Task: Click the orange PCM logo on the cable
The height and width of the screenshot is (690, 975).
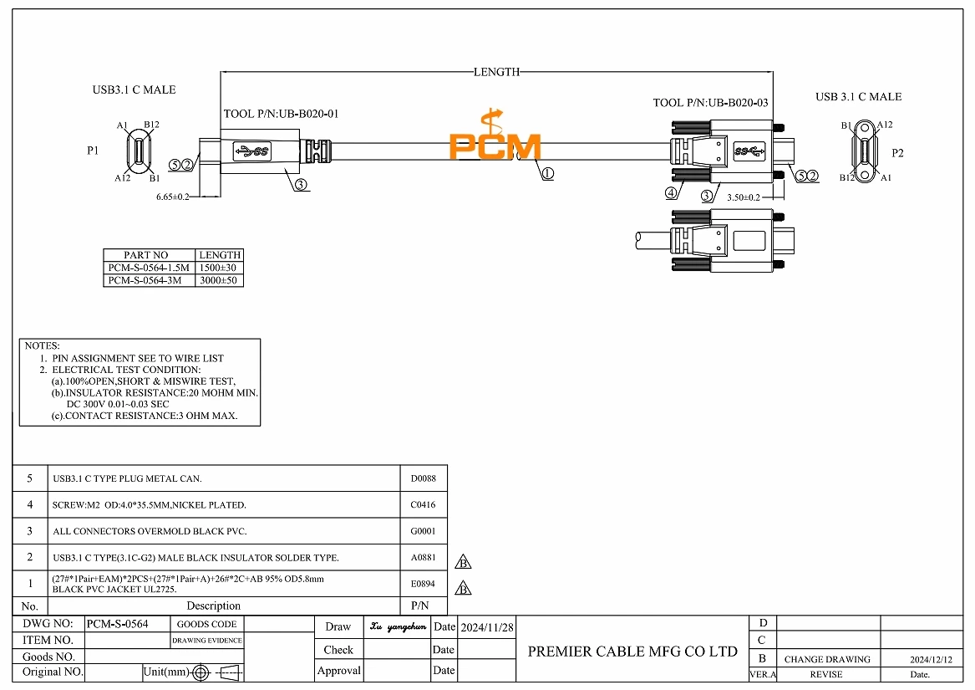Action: click(495, 137)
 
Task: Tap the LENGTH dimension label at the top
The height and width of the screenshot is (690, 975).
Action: click(496, 72)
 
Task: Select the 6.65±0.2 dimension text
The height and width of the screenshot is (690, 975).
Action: click(173, 197)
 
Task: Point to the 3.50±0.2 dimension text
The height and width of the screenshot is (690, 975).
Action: click(743, 197)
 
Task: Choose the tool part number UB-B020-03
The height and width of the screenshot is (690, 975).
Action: click(710, 103)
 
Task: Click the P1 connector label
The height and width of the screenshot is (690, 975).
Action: click(94, 151)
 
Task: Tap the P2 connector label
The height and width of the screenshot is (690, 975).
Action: click(898, 153)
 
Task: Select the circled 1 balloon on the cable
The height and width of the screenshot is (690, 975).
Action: click(548, 174)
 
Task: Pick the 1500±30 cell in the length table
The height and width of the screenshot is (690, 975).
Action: click(219, 268)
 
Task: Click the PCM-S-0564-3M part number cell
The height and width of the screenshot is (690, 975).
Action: click(145, 281)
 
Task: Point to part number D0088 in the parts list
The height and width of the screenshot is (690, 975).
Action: click(424, 479)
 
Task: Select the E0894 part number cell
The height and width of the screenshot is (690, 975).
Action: click(424, 584)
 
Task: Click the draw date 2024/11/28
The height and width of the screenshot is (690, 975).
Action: click(487, 626)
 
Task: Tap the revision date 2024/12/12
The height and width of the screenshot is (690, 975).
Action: click(931, 659)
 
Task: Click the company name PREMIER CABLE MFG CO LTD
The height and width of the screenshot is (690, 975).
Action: click(632, 652)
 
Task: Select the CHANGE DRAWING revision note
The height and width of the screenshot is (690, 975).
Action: click(827, 659)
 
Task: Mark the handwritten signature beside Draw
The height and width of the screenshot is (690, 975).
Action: click(398, 626)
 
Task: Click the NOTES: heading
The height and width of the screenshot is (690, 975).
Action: click(43, 345)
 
